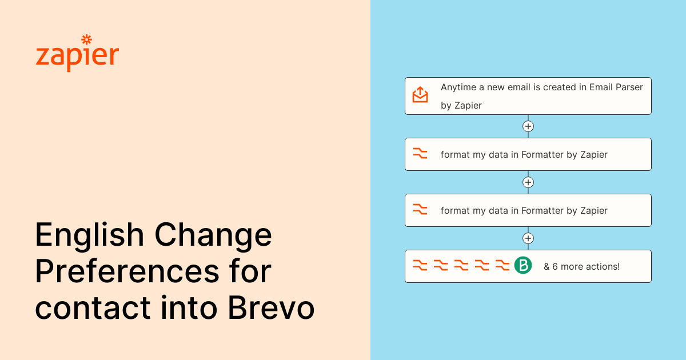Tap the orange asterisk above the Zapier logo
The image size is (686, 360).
pos(86,39)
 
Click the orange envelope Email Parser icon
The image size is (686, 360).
pos(420,95)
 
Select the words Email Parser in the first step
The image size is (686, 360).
pos(616,87)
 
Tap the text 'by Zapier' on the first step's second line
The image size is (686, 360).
pos(461,106)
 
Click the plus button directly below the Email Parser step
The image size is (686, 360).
pos(528,126)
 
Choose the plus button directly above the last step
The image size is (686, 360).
pos(528,238)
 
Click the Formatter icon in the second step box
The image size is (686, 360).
pos(420,154)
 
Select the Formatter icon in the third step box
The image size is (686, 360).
pos(420,210)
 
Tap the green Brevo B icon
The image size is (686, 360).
pos(523,265)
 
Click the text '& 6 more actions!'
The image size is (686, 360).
pos(581,266)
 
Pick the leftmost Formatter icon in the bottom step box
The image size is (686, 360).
pos(420,265)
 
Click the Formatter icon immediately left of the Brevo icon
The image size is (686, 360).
pos(502,265)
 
